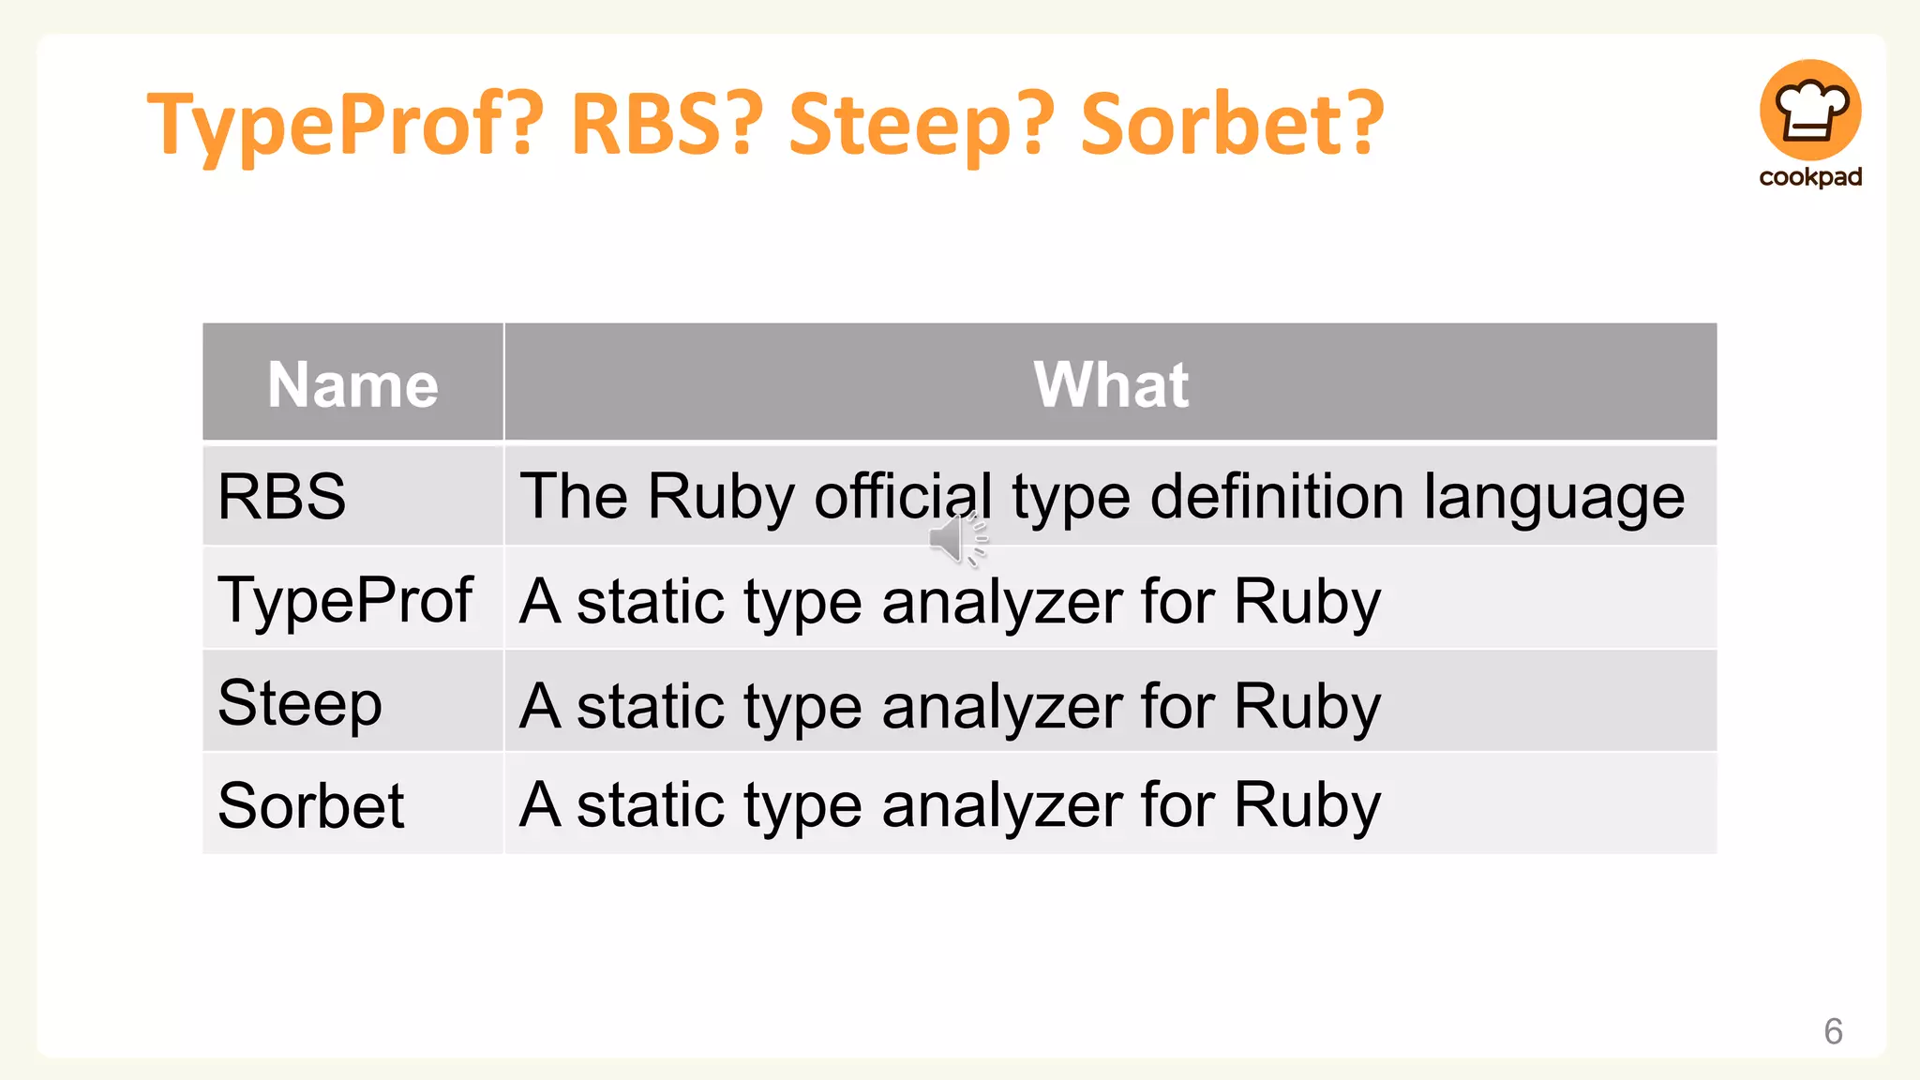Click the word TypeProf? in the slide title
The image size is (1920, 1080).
click(345, 125)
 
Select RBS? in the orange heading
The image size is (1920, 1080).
click(666, 125)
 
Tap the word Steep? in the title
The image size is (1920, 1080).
click(922, 125)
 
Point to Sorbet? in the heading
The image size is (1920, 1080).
click(1232, 125)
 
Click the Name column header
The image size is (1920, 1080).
click(352, 384)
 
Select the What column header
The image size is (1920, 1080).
click(1111, 384)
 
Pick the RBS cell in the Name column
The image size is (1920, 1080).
click(282, 496)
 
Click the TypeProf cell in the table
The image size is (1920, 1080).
click(345, 600)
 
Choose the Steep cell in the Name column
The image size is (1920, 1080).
click(300, 703)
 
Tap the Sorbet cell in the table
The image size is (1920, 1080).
click(311, 805)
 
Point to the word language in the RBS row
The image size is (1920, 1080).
click(1553, 498)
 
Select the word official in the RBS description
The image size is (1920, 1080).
click(903, 496)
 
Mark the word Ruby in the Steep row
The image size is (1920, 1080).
click(1307, 705)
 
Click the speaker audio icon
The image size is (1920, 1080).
click(957, 540)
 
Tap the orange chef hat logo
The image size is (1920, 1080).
click(1809, 111)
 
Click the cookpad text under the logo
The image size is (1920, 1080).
click(1810, 177)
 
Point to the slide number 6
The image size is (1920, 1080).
click(1833, 1031)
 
